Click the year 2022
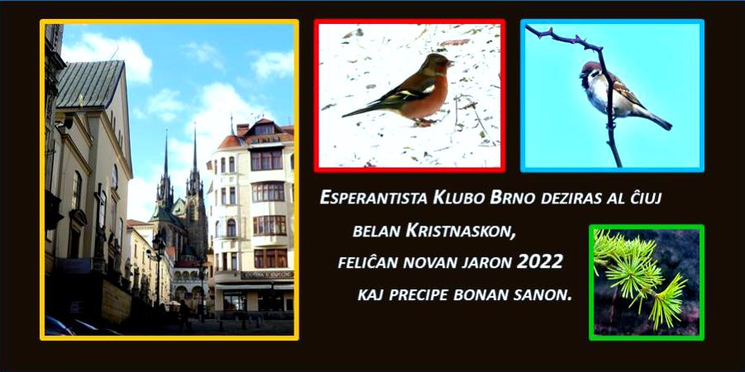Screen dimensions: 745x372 coord(540,261)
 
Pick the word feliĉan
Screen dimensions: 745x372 coord(362,262)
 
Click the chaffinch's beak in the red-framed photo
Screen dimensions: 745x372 coord(451,62)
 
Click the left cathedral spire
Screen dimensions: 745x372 coord(166,161)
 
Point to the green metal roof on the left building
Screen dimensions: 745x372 coord(90,84)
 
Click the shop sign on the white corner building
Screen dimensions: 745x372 coord(266,274)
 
